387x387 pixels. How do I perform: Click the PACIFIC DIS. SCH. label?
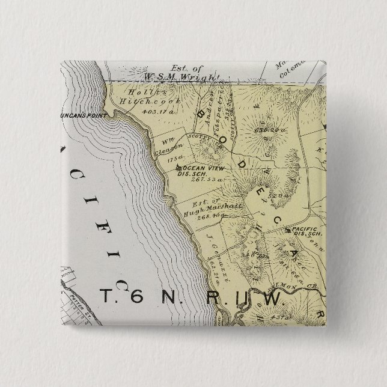pos(307,231)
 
